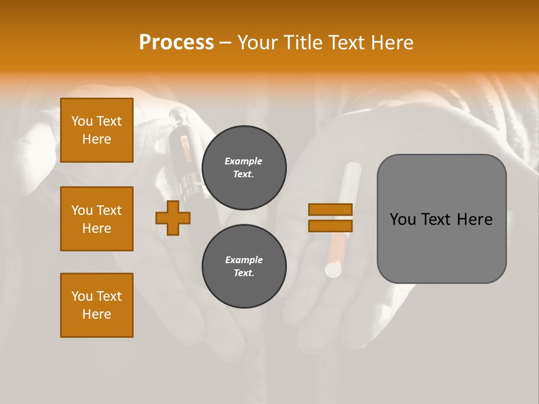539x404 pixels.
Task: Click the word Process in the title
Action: click(x=176, y=43)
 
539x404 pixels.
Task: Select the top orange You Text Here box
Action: click(x=97, y=130)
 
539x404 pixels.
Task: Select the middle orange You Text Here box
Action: click(x=97, y=219)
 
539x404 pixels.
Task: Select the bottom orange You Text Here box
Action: click(x=97, y=305)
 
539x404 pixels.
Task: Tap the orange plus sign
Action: click(x=173, y=218)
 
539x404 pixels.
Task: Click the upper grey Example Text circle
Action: click(x=244, y=167)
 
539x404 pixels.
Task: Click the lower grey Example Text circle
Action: click(x=244, y=266)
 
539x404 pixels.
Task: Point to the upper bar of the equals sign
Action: click(x=330, y=209)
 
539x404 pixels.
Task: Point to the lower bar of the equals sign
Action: click(x=330, y=226)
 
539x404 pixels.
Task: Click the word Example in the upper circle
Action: click(x=244, y=161)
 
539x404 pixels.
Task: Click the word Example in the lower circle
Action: click(x=244, y=260)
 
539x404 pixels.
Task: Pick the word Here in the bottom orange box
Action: click(x=97, y=314)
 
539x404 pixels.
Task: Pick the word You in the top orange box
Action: click(x=82, y=121)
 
